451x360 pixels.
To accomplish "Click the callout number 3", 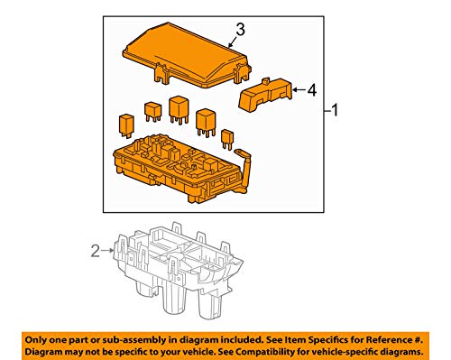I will (x=239, y=31).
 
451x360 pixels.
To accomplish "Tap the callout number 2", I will (x=94, y=253).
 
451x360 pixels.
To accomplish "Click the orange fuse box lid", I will (x=189, y=52).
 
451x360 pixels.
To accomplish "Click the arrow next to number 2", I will (x=109, y=253).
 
